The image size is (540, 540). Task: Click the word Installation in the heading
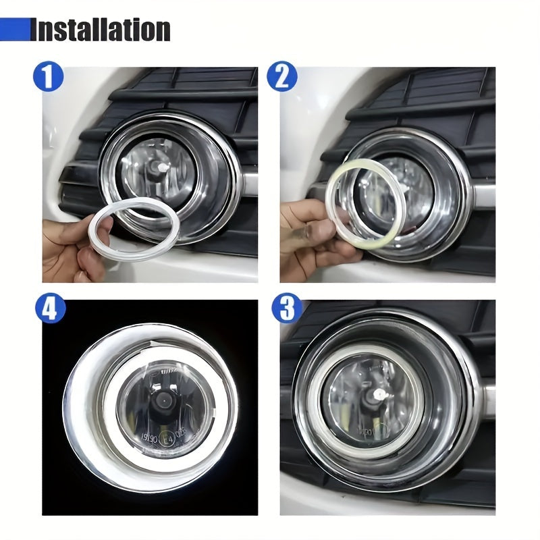101,30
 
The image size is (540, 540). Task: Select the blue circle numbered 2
281,78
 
